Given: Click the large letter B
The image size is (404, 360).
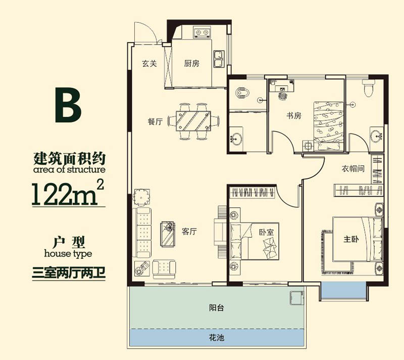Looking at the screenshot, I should coord(68,106).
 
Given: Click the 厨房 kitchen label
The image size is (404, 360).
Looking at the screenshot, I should coord(192,64).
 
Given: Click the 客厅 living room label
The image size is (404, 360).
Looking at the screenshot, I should coord(189,232).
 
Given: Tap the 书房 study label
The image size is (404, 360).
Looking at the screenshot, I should coord(294,116).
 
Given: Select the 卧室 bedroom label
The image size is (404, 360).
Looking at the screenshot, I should coord(266,233).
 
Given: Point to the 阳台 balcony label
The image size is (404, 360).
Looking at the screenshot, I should coord(216,308).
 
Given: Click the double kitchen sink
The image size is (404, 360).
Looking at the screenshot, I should coord(219,60).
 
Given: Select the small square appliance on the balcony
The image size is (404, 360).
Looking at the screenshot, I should coord(295,298).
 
